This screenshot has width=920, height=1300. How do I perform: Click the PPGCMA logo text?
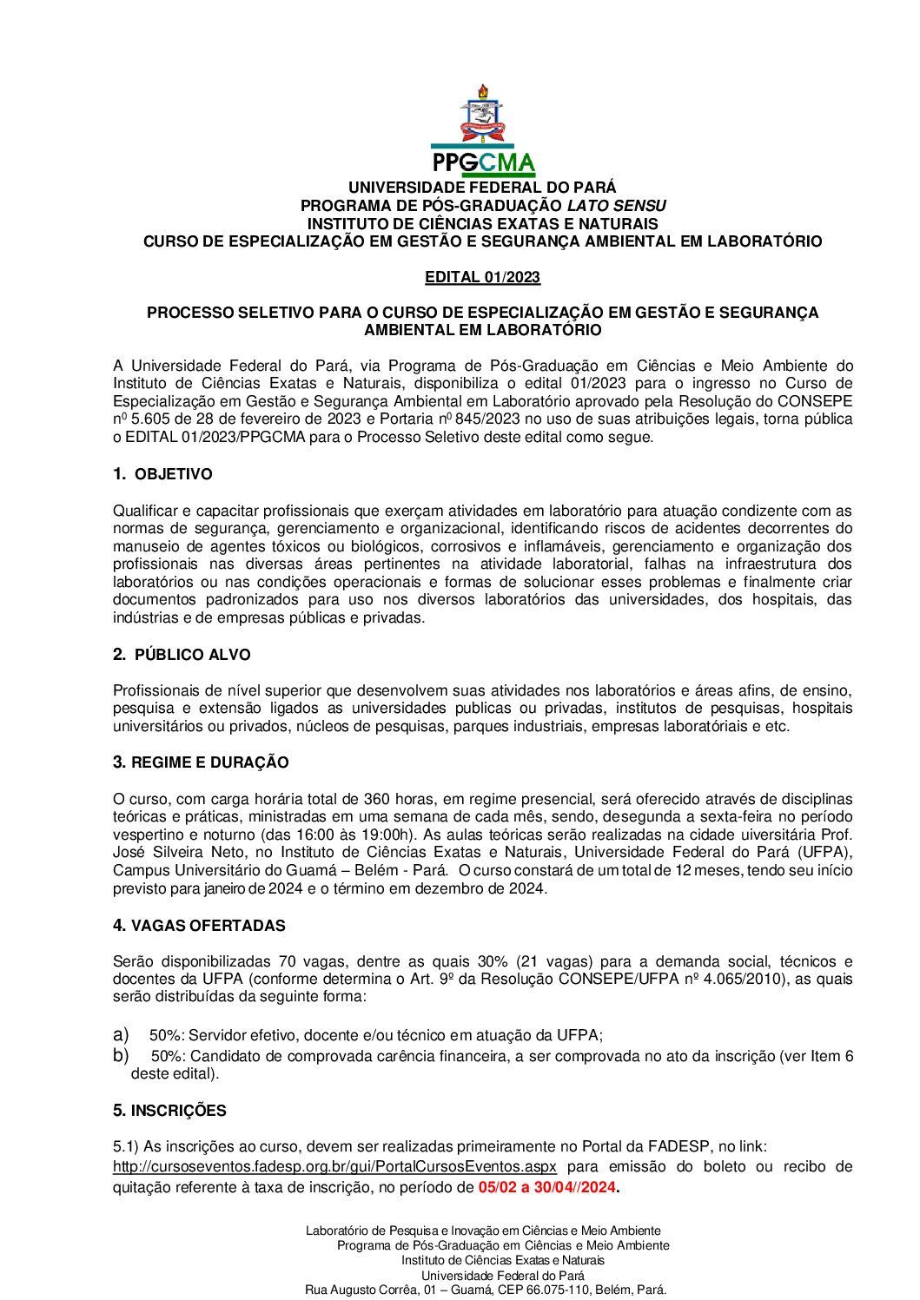(482, 163)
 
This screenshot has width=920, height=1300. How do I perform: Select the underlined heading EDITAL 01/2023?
(482, 277)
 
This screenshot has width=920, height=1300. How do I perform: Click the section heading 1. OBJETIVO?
(162, 474)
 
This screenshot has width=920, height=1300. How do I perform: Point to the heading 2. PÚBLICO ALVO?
(182, 655)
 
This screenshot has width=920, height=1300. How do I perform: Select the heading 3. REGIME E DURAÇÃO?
(201, 762)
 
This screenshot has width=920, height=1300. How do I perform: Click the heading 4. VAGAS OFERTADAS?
(199, 926)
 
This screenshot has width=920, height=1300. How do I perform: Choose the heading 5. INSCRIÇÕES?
(169, 1111)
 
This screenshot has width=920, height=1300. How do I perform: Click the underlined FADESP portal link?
(334, 1166)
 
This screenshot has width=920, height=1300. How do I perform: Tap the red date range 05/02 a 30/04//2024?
(546, 1187)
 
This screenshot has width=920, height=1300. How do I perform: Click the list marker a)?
(121, 1034)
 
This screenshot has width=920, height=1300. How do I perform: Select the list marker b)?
(121, 1055)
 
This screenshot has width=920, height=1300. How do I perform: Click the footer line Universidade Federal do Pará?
(503, 1275)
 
